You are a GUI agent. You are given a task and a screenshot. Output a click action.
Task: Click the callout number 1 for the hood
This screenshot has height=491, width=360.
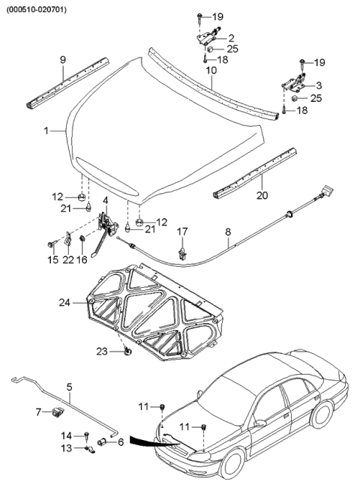(x=46, y=130)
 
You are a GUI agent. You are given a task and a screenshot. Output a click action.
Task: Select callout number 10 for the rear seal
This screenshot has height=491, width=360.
(x=211, y=70)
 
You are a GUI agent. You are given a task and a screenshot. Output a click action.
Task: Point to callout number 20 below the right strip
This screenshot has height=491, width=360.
(x=262, y=196)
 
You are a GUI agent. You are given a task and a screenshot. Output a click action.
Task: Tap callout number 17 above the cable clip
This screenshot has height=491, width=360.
(x=182, y=231)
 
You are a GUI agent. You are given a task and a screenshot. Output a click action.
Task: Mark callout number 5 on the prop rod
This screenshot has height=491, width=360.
(x=69, y=388)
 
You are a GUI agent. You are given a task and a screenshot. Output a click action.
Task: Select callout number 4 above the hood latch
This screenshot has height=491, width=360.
(x=106, y=201)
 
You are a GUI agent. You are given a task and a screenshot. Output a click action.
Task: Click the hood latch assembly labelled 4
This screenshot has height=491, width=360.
(x=109, y=222)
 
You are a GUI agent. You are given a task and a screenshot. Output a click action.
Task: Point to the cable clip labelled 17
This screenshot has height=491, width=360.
(x=182, y=253)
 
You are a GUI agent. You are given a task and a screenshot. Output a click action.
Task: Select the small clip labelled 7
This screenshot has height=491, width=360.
(x=57, y=410)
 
